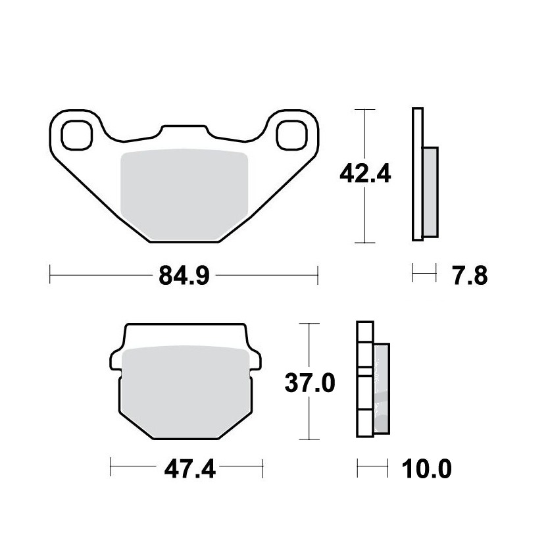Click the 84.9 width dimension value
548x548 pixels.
pos(184,276)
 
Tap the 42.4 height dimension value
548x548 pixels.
pos(365,174)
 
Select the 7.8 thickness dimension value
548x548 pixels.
pos(470,276)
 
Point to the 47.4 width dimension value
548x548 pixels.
pos(189,469)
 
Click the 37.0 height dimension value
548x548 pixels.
pos(310,383)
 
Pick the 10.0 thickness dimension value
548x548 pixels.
pos(427,469)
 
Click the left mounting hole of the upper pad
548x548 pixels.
pos(76,136)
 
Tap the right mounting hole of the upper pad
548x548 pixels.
pos(291,136)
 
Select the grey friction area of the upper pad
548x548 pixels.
pos(184,195)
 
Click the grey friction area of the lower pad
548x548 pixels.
pos(186,391)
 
